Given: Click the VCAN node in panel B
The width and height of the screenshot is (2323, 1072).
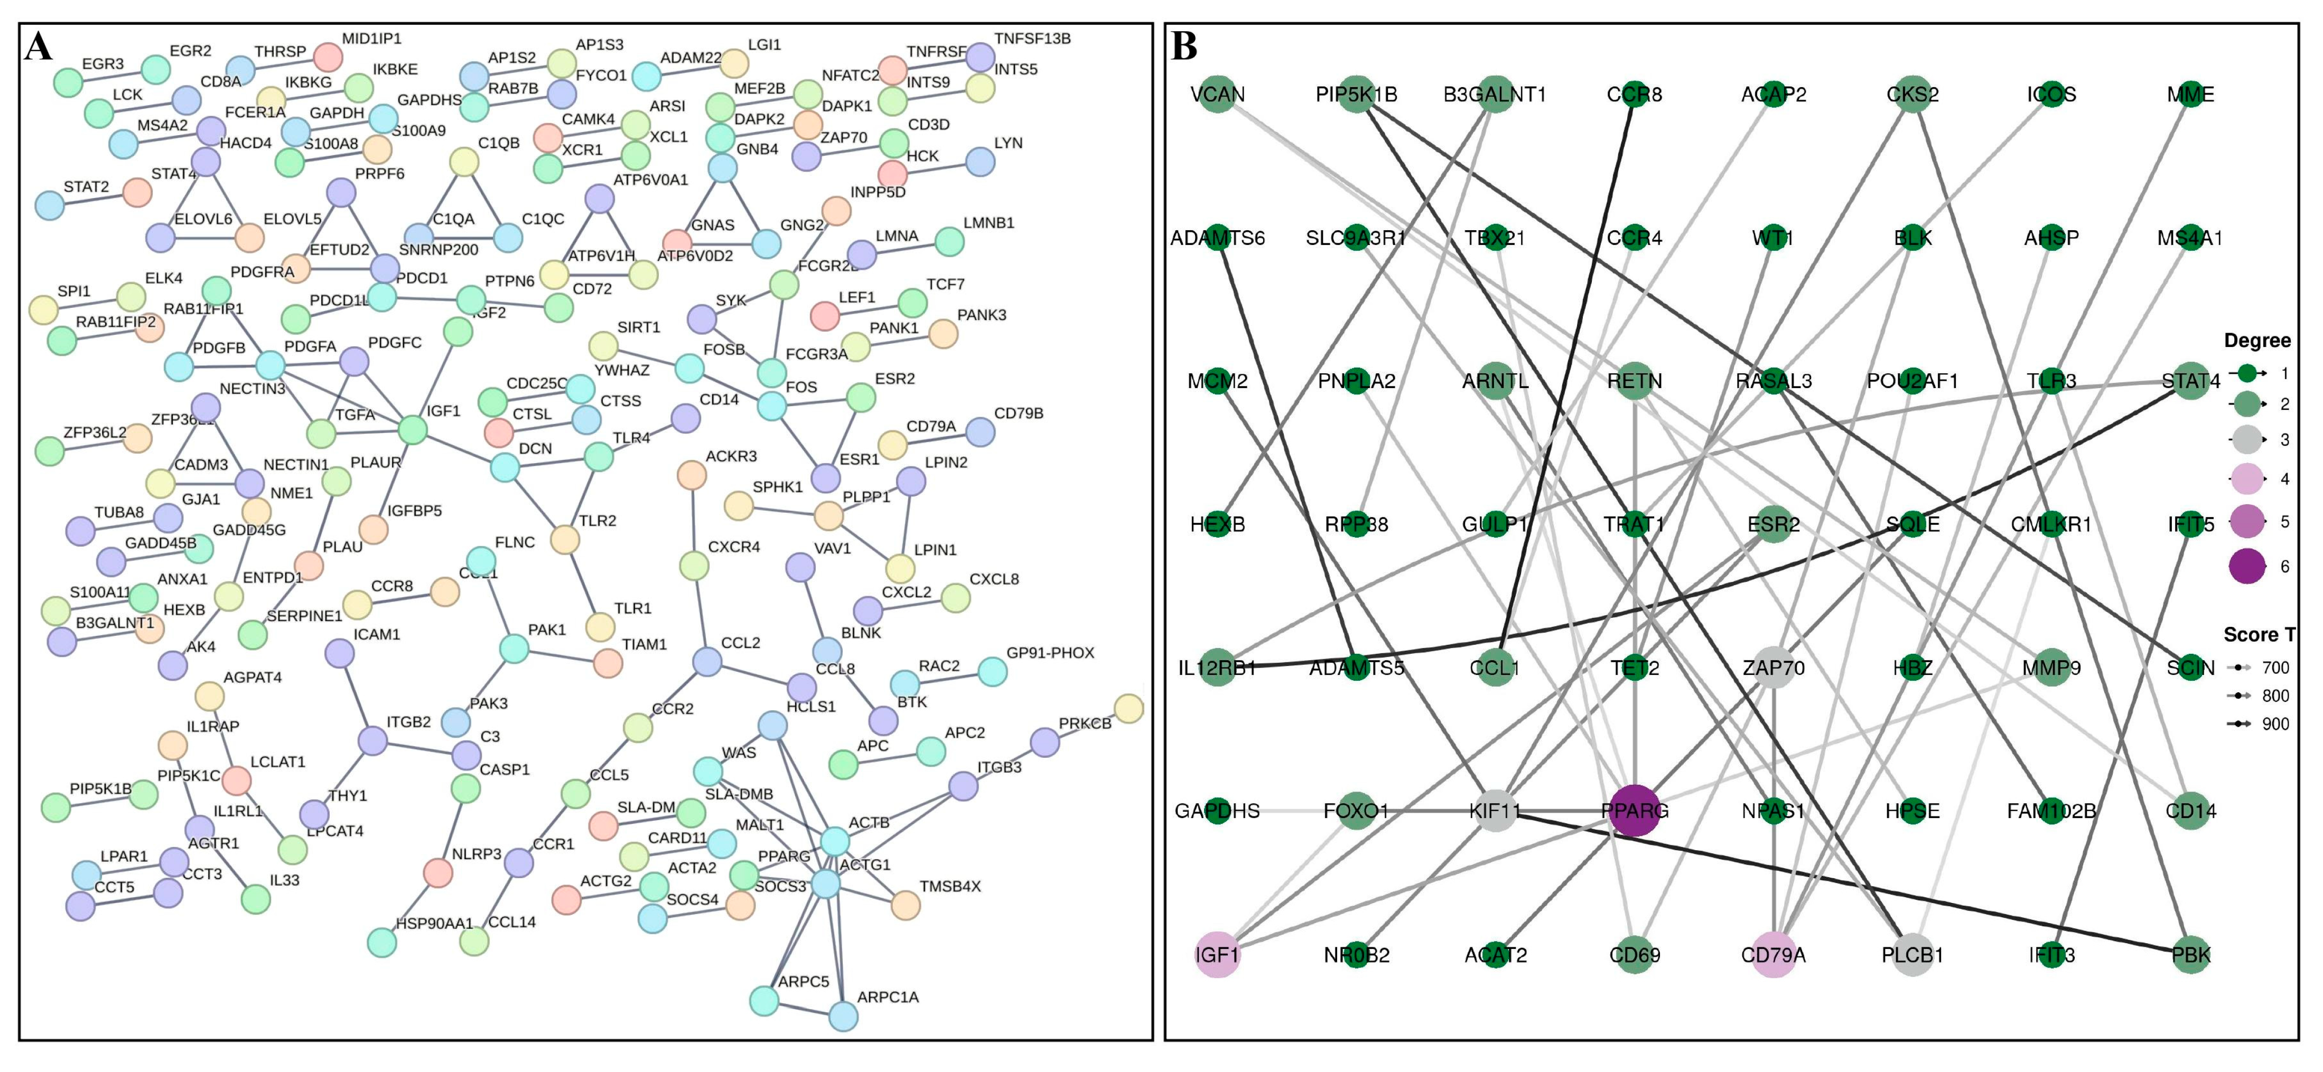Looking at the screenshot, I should tap(1217, 95).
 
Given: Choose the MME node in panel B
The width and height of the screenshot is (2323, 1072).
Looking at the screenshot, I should tap(2190, 95).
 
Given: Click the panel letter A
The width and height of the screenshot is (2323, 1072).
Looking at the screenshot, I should tap(39, 47).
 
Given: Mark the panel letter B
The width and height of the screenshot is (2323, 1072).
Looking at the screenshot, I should tap(1184, 47).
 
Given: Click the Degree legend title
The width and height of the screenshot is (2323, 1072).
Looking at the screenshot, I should tap(2257, 341).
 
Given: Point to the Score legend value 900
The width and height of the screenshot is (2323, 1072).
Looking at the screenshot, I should tap(2275, 724).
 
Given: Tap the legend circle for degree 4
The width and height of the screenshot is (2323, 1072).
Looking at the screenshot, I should tap(2247, 479).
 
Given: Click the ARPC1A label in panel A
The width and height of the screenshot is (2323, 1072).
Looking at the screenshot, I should tap(888, 997).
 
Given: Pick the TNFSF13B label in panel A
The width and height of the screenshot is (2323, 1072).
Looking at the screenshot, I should tap(1032, 39).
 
